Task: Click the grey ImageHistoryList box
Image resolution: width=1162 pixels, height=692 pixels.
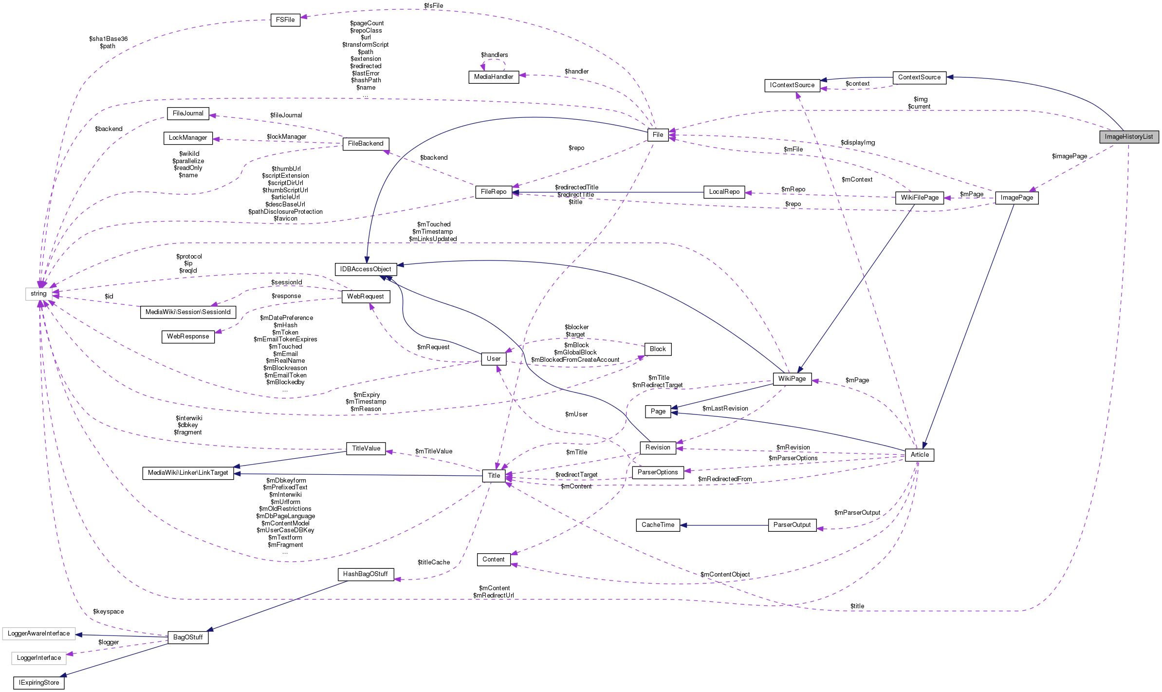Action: point(1128,137)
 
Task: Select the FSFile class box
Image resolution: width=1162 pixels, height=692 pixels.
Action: point(285,20)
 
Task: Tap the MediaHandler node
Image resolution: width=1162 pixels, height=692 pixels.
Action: point(494,77)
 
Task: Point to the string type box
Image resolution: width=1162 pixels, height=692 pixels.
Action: point(38,294)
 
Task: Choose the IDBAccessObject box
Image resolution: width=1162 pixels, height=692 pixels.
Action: point(366,269)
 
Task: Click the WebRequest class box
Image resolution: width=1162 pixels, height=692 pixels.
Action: point(366,297)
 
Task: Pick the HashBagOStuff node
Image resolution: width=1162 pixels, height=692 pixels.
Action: point(365,574)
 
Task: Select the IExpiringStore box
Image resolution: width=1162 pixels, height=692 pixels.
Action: point(39,683)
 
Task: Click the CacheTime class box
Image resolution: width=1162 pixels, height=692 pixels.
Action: point(658,525)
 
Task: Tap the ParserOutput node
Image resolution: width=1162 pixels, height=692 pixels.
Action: point(792,525)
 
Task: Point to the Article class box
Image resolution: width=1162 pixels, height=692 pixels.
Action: point(920,455)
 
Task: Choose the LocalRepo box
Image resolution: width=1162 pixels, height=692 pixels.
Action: point(724,192)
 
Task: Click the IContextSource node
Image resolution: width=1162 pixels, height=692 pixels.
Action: point(792,85)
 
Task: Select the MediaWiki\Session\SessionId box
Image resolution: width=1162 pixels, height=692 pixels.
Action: point(188,312)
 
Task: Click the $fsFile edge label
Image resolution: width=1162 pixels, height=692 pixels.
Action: point(433,6)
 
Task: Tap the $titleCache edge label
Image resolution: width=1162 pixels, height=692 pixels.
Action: point(434,562)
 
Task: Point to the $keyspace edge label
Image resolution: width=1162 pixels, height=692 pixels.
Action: point(108,612)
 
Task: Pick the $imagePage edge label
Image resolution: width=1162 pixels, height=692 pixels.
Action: point(1070,156)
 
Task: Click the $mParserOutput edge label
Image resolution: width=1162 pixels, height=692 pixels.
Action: point(857,513)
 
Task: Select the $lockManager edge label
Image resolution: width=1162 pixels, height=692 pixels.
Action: point(287,137)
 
